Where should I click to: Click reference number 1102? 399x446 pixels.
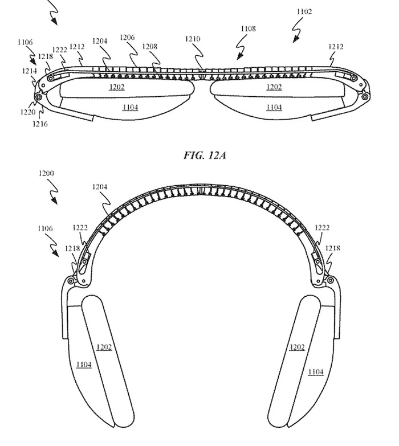point(304,11)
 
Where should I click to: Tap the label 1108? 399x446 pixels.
point(248,28)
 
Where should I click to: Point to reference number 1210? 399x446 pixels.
point(193,39)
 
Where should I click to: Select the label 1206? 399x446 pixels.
point(128,38)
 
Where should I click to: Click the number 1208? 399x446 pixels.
point(150,46)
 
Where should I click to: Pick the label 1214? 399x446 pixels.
point(30,71)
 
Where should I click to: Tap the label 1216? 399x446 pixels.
point(40,124)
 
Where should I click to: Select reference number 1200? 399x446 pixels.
point(46,173)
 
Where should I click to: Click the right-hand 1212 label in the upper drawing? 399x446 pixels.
point(336,47)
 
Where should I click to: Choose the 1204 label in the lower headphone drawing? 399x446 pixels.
point(100,187)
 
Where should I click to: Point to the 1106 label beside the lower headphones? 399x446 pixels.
point(45,228)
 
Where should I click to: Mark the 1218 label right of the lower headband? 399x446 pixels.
point(333,248)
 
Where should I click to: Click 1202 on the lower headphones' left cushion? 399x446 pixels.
point(104,347)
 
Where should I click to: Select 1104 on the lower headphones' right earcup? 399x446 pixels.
point(316,372)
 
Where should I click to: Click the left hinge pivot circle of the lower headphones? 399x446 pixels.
point(70,281)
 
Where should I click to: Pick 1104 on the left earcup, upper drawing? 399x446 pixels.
point(130,107)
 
